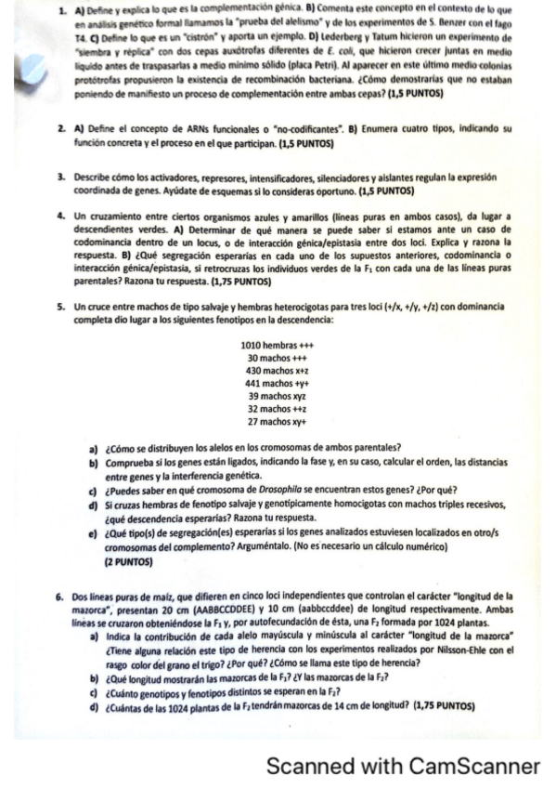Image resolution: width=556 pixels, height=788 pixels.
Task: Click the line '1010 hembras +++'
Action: tap(278, 346)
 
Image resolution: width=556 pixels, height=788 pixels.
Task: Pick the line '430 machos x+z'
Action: tap(278, 371)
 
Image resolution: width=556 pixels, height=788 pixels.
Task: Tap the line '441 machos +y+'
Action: tap(278, 383)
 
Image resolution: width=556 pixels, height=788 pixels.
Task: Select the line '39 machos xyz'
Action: tap(278, 396)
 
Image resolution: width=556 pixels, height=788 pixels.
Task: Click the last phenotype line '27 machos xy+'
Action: tap(278, 421)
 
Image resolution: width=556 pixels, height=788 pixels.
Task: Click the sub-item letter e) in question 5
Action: tap(93, 534)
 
